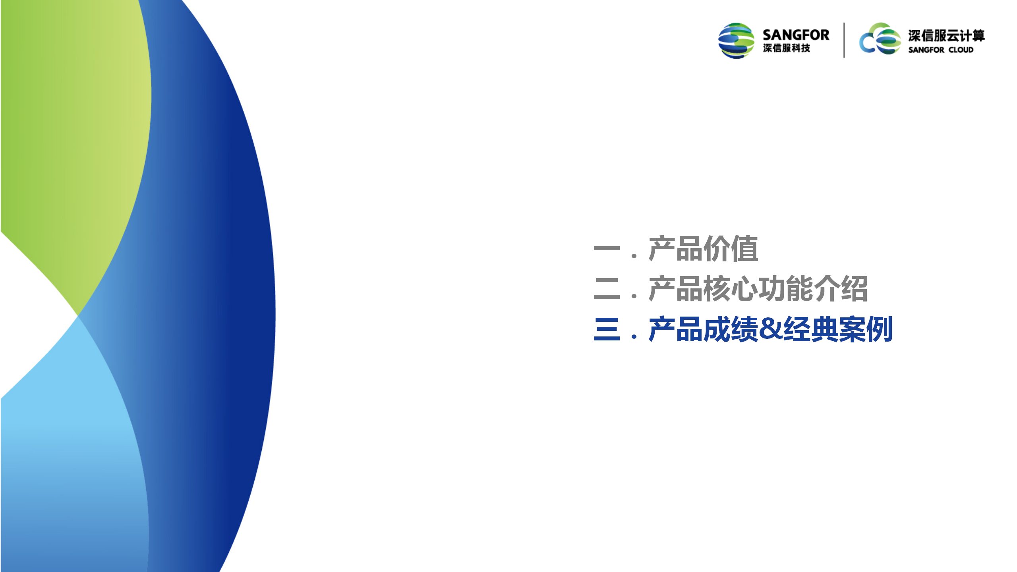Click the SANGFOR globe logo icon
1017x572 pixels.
pyautogui.click(x=736, y=41)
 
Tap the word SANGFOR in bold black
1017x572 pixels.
pyautogui.click(x=796, y=35)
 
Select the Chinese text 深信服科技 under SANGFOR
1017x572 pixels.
pyautogui.click(x=786, y=48)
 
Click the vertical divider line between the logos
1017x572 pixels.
pyautogui.click(x=844, y=40)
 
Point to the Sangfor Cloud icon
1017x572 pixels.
pyautogui.click(x=880, y=39)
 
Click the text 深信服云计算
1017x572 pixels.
pyautogui.click(x=946, y=36)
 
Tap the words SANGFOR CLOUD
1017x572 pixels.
pyautogui.click(x=941, y=50)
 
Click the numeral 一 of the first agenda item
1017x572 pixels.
pyautogui.click(x=607, y=249)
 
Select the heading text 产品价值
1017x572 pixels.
pyautogui.click(x=703, y=249)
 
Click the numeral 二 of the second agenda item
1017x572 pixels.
pyautogui.click(x=607, y=288)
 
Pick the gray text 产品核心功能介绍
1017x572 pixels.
pyautogui.click(x=758, y=288)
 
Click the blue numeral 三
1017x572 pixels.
pyautogui.click(x=607, y=329)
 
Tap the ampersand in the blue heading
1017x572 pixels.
pyautogui.click(x=771, y=329)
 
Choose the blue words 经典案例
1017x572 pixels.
pyautogui.click(x=838, y=329)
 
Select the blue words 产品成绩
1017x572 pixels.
pyautogui.click(x=704, y=329)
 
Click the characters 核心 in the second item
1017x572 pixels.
pyautogui.click(x=731, y=288)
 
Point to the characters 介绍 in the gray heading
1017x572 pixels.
pyautogui.click(x=841, y=288)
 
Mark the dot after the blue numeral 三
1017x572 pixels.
pyautogui.click(x=634, y=336)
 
